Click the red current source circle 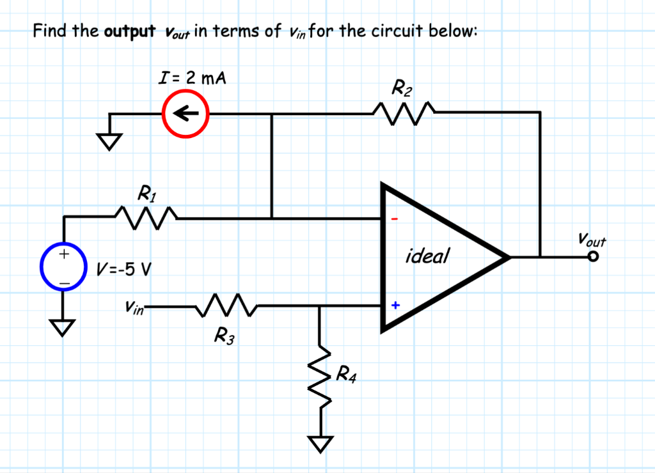[x=185, y=114]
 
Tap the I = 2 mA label [x=192, y=79]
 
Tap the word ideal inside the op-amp [x=427, y=257]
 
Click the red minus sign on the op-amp [x=395, y=219]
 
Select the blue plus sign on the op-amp [x=395, y=306]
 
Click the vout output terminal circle [x=594, y=257]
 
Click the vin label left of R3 [x=135, y=307]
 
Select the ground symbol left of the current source [x=109, y=140]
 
